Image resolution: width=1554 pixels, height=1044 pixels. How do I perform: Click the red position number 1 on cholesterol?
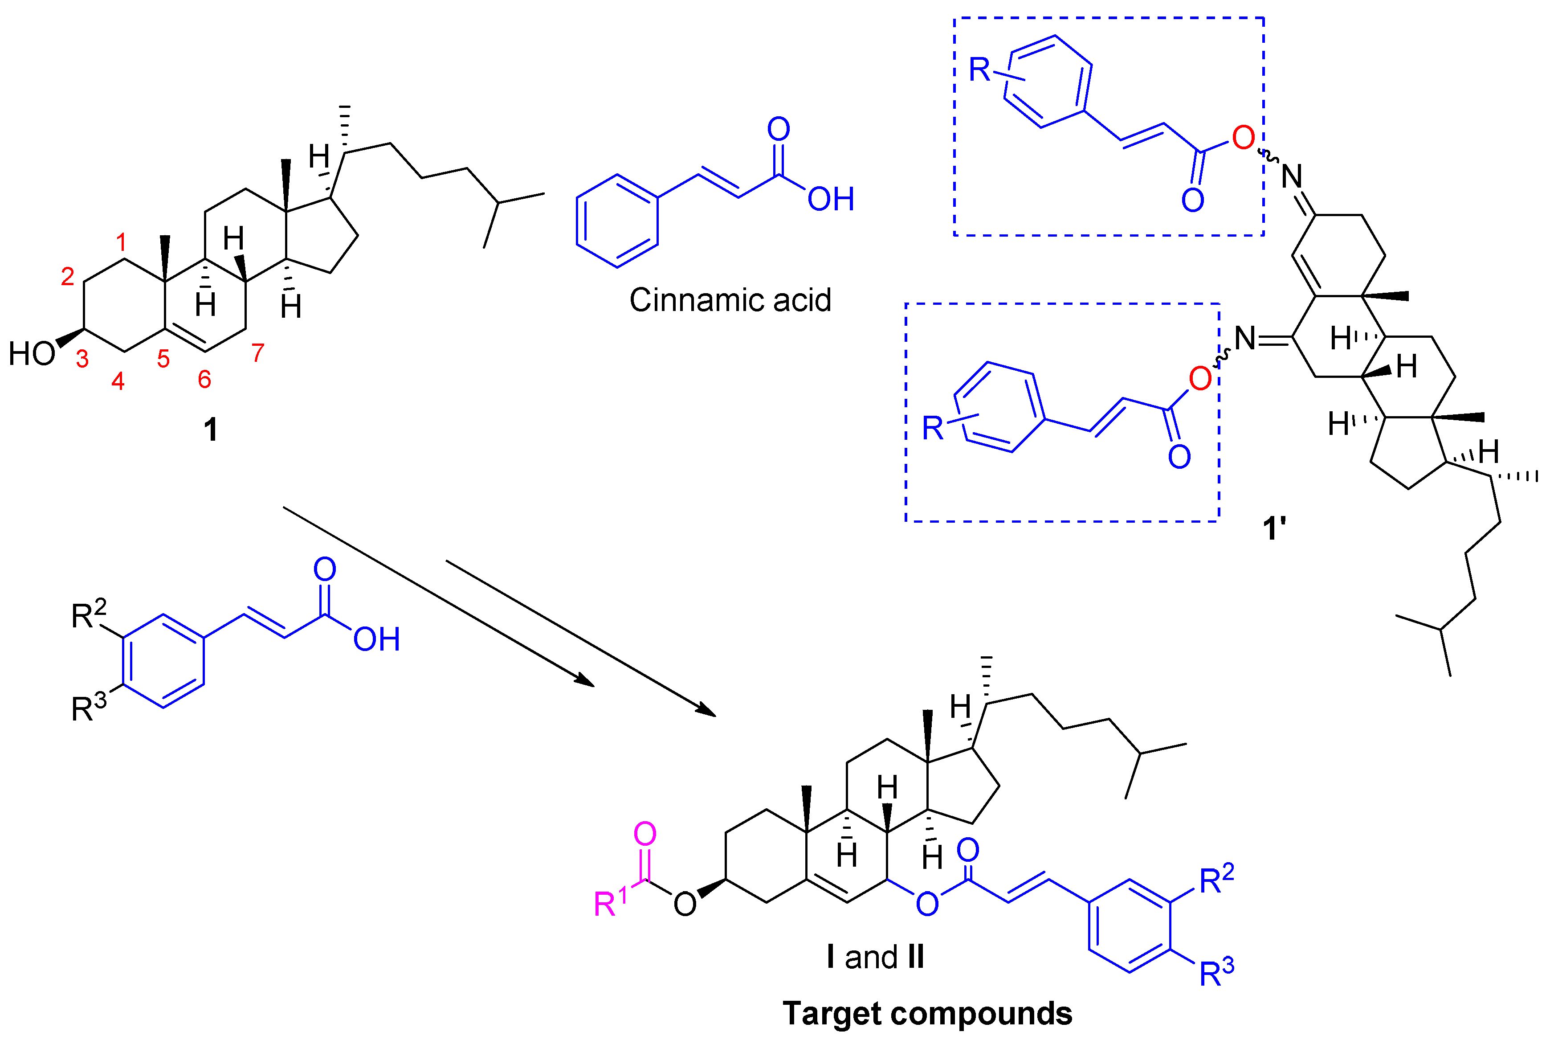pos(121,241)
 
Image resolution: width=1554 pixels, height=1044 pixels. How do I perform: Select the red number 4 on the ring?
pos(118,381)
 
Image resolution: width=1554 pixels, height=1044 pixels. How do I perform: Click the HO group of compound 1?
pos(31,353)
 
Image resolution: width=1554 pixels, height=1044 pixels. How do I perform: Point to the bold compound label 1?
pos(210,430)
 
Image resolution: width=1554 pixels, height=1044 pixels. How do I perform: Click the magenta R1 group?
pos(610,902)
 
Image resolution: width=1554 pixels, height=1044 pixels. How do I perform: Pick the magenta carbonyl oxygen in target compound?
pos(645,834)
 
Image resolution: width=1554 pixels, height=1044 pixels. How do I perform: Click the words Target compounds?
pos(927,1013)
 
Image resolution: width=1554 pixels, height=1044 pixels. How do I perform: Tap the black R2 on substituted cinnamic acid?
pos(89,614)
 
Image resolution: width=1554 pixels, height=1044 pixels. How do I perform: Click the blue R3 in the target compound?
pos(1216,973)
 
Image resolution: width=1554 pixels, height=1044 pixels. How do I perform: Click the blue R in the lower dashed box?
pos(932,428)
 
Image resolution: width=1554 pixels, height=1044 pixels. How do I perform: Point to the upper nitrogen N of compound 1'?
pos(1292,176)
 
